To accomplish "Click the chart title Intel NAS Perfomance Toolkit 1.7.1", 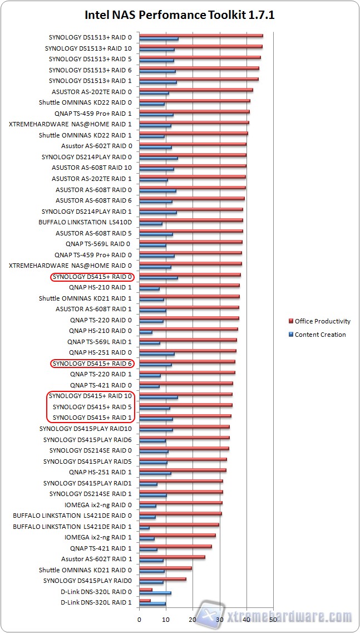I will tap(180, 15).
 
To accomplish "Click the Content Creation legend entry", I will tap(320, 335).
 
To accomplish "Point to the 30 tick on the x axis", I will tap(220, 619).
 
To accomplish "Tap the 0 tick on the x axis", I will tap(139, 619).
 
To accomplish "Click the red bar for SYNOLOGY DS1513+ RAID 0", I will tap(201, 36).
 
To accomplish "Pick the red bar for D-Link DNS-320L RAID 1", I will tap(145, 600).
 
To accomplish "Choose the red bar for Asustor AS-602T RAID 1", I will tap(172, 557).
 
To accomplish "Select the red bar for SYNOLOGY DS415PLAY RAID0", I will tap(162, 578).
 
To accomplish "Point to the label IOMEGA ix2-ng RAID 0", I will tap(98, 505).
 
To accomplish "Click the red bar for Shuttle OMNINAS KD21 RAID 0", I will tap(165, 568).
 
